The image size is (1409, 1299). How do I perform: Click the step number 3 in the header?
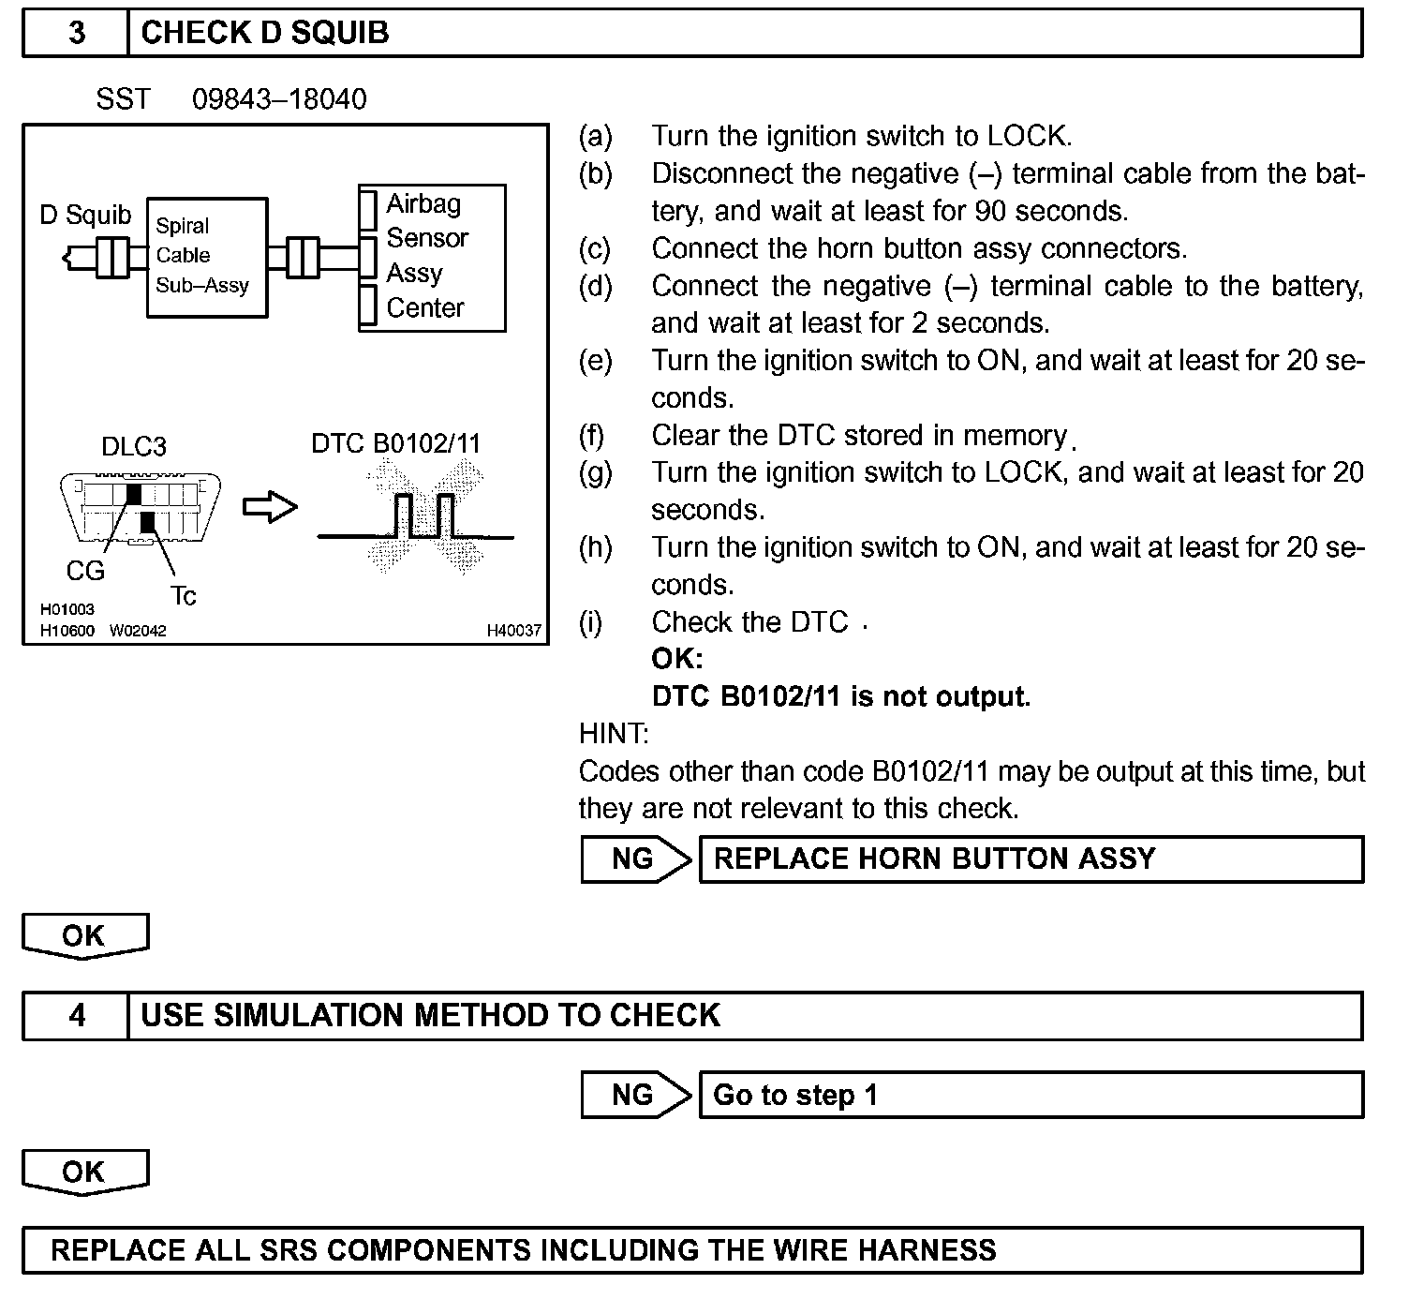click(76, 33)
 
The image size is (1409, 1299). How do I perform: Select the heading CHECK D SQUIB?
click(264, 33)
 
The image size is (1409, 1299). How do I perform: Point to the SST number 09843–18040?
click(279, 99)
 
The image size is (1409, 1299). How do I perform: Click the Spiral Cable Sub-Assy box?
click(207, 257)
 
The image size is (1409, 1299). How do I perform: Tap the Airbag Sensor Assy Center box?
click(432, 257)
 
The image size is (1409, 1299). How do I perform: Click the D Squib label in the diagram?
click(85, 216)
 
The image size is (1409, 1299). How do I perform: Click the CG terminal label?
click(85, 570)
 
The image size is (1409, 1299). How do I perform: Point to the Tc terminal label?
click(183, 596)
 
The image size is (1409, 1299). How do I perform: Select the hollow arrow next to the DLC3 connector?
click(270, 507)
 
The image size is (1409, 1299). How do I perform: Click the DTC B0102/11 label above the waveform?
click(395, 443)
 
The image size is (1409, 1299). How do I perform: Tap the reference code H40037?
click(513, 631)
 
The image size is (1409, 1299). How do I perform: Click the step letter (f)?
click(592, 435)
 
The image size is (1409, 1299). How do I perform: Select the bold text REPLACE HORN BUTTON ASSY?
click(934, 859)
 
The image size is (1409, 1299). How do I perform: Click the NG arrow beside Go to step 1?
click(635, 1095)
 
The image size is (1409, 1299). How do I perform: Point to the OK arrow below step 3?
click(84, 936)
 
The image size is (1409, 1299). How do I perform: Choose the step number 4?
click(76, 1015)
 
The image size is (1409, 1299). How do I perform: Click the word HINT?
click(614, 733)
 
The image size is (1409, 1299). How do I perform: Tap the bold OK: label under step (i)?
click(676, 659)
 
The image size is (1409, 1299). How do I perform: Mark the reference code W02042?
click(138, 631)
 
